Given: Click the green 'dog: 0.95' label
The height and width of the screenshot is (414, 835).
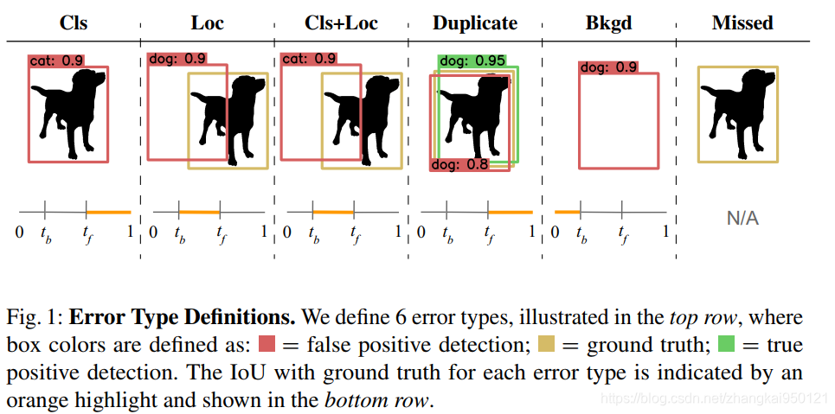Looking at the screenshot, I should [x=471, y=61].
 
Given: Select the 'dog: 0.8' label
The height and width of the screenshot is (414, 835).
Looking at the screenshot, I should [x=459, y=164].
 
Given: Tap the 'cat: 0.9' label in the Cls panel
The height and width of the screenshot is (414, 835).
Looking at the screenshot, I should [x=56, y=61].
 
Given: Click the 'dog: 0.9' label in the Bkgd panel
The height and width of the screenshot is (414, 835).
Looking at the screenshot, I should [x=608, y=67].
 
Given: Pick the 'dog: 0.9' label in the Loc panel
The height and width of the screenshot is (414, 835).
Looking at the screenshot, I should [x=177, y=59].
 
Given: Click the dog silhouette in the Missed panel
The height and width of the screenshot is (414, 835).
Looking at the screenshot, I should [x=735, y=111].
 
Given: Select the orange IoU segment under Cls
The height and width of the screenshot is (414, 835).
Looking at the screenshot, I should [x=108, y=212].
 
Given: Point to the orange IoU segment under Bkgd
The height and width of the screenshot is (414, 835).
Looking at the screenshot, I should [x=567, y=212].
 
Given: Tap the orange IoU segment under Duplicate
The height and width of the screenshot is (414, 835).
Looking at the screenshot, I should [x=510, y=212].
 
